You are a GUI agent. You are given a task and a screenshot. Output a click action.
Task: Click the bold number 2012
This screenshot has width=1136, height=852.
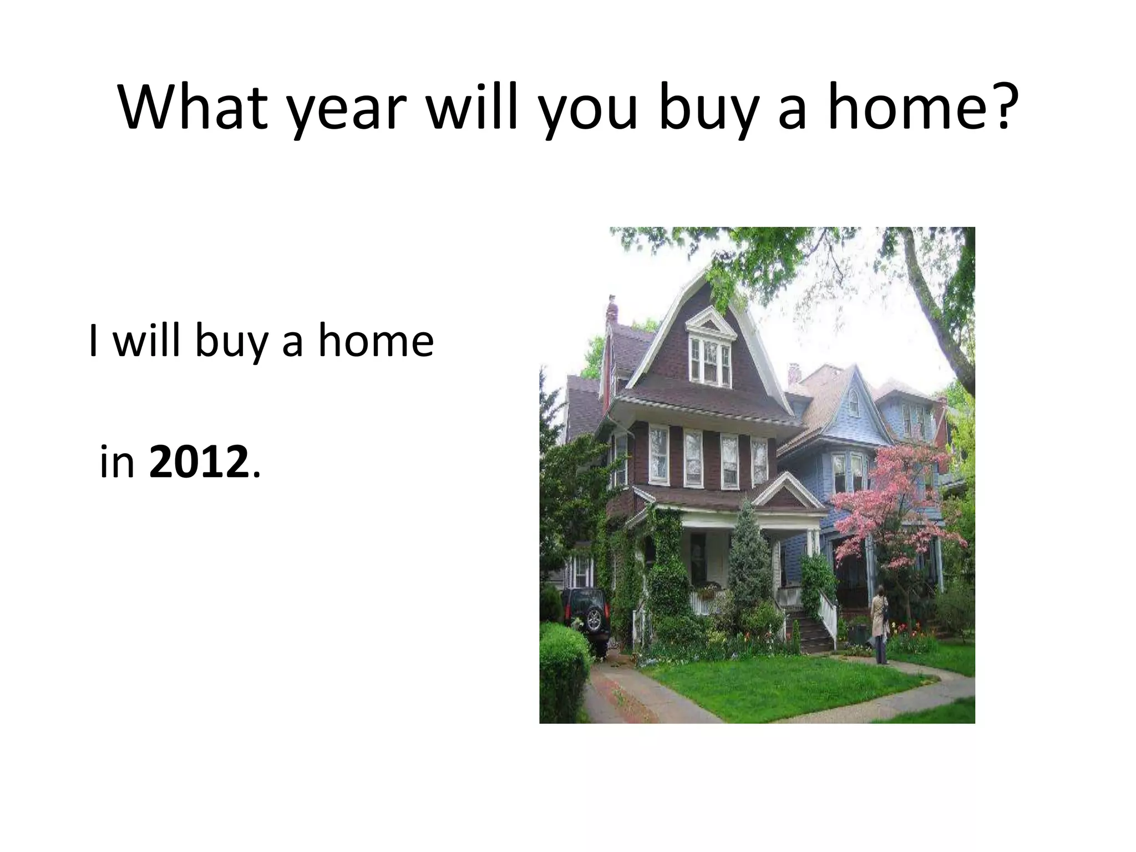point(199,461)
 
